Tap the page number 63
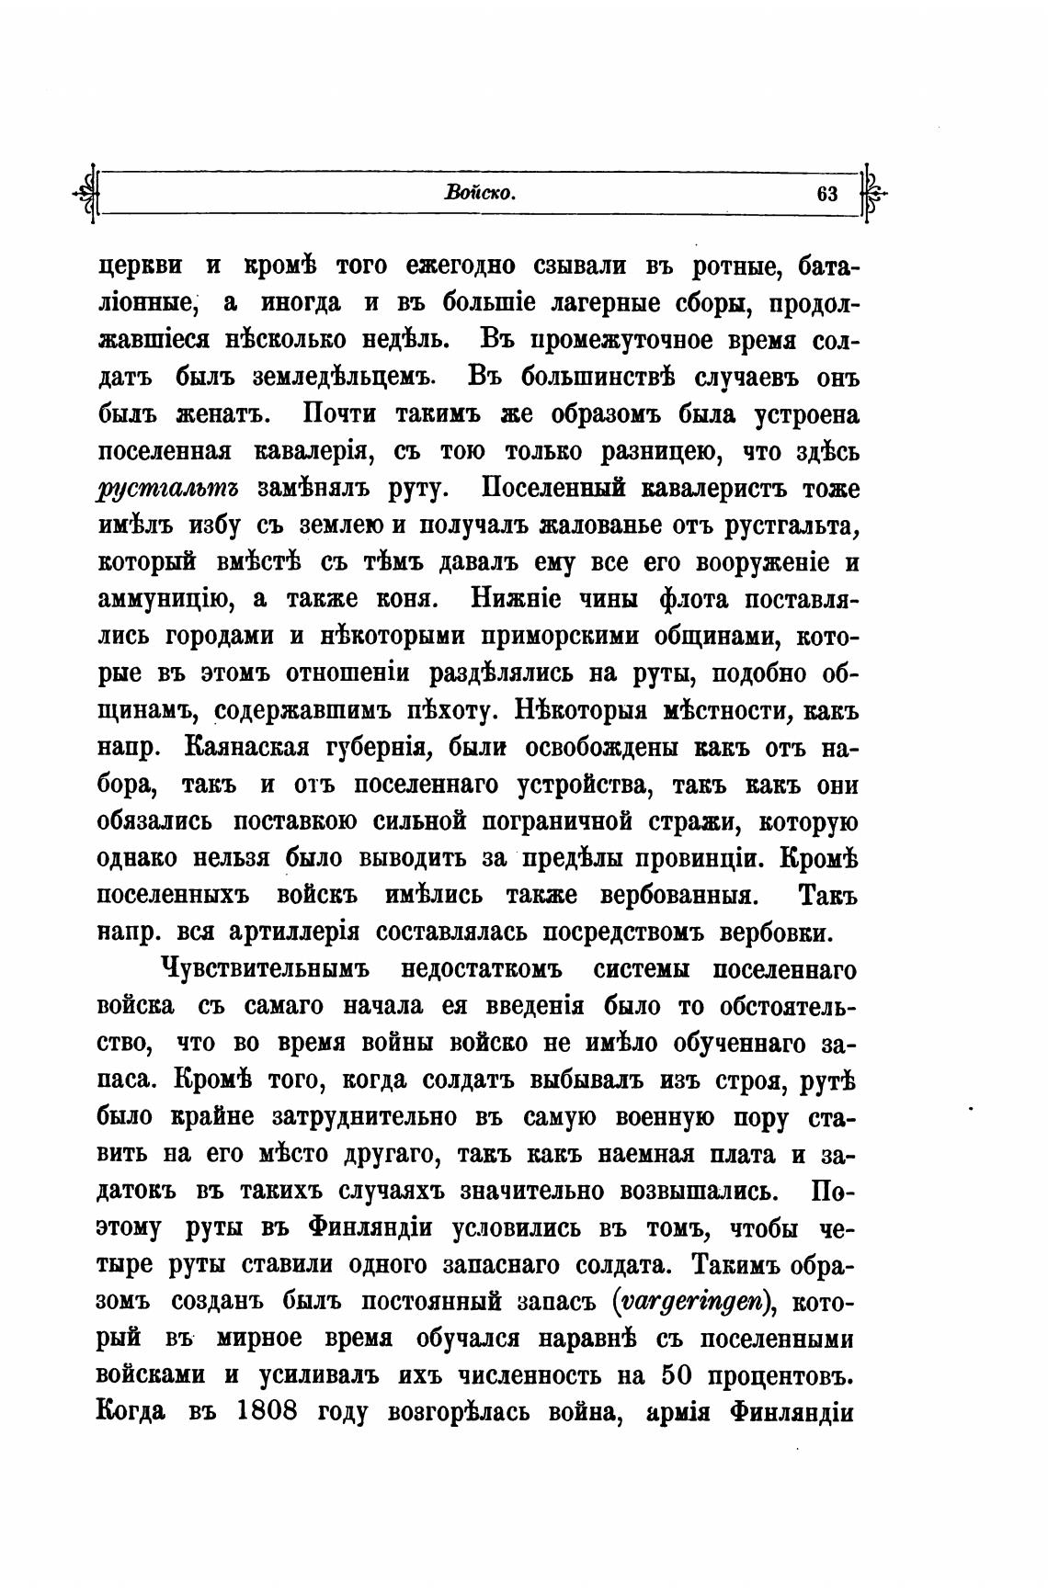[x=826, y=194]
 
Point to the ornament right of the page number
[x=871, y=193]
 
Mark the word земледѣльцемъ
[x=305, y=378]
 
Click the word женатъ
[x=222, y=414]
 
